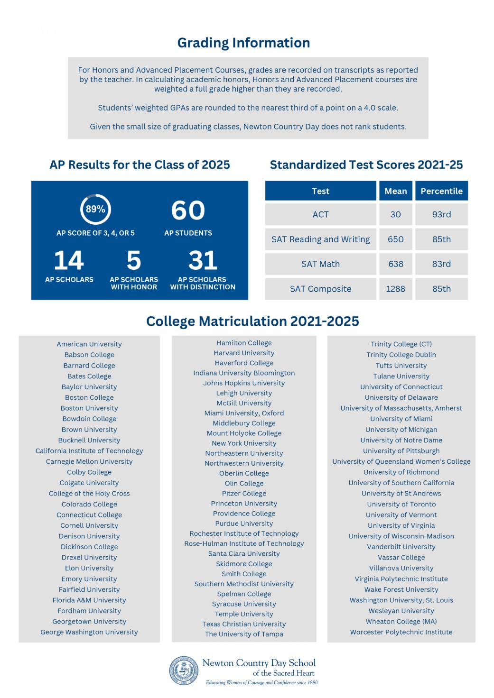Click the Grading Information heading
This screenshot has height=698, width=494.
point(243,43)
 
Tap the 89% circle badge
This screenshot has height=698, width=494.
point(95,209)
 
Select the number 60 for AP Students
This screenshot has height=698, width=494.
point(188,211)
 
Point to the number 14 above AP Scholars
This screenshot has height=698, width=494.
point(69,260)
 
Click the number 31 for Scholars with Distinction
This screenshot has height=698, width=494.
point(203,260)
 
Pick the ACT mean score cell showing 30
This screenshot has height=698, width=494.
point(395,214)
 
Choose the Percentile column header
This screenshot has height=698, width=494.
point(441,191)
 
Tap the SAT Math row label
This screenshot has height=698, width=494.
point(320,264)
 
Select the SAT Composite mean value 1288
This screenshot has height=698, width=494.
point(395,289)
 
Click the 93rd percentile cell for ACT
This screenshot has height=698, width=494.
point(441,214)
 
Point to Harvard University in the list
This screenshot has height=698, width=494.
point(244,353)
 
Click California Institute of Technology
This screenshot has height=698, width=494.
point(89,451)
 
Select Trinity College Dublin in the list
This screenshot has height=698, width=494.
point(401,355)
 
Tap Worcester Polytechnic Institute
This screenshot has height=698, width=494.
point(401,632)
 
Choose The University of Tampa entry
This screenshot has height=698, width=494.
point(244,634)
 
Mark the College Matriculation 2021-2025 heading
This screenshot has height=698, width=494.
point(252,321)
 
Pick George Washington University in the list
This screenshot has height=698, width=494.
point(89,632)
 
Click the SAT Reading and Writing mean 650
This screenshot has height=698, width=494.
point(395,239)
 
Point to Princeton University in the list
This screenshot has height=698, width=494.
point(244,504)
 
